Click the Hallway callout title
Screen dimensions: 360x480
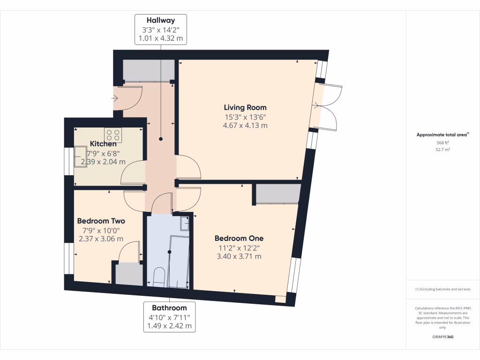(161, 20)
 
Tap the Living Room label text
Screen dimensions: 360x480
(245, 107)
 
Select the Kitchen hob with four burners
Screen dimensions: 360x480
(113, 135)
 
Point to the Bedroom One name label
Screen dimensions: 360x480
(239, 238)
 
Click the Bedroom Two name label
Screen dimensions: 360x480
(101, 221)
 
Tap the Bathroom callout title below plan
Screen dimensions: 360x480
(169, 308)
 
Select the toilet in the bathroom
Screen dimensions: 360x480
(158, 277)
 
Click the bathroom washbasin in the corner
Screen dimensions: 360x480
(185, 224)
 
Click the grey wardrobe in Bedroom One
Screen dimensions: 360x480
(278, 194)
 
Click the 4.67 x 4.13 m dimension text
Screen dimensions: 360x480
(245, 125)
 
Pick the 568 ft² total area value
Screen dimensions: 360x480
(443, 142)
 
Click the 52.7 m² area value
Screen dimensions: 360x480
(443, 150)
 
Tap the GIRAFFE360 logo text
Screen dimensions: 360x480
(443, 337)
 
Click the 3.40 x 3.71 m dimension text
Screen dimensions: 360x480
(239, 256)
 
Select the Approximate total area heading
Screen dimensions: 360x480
(442, 135)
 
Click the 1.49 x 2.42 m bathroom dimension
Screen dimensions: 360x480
(169, 326)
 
